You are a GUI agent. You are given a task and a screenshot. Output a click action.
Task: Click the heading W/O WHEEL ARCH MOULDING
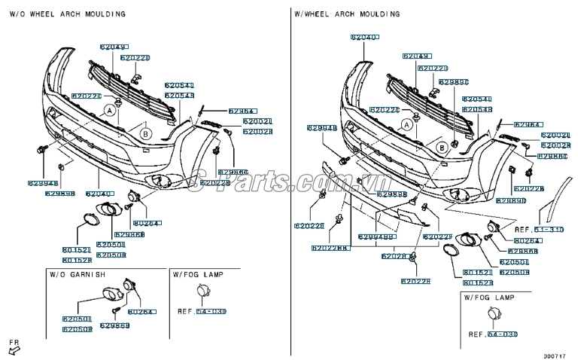[x=68, y=14]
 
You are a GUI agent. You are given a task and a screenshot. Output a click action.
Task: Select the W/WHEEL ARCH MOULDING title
[x=347, y=14]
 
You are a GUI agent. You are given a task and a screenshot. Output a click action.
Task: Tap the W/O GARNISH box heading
[x=78, y=274]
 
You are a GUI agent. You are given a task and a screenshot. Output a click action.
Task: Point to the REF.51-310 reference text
[x=539, y=228]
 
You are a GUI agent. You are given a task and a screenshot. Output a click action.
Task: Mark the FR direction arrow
[x=14, y=346]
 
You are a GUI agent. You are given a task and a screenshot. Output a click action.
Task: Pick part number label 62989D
[x=510, y=201]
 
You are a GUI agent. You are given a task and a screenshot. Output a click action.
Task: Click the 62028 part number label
[x=394, y=256]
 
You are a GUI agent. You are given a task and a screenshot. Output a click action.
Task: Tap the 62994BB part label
[x=376, y=237]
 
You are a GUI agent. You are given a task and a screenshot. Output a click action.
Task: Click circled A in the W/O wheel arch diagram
[x=110, y=110]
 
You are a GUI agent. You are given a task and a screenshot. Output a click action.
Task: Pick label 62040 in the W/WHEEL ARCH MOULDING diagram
[x=365, y=36]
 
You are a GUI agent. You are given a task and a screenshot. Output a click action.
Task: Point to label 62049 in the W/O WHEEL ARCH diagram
[x=113, y=47]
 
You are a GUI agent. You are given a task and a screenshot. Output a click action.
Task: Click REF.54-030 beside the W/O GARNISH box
[x=201, y=310]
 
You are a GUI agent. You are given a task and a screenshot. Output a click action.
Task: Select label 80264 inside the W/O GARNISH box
[x=141, y=311]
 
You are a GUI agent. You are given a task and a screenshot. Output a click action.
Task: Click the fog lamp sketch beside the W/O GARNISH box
[x=202, y=293]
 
